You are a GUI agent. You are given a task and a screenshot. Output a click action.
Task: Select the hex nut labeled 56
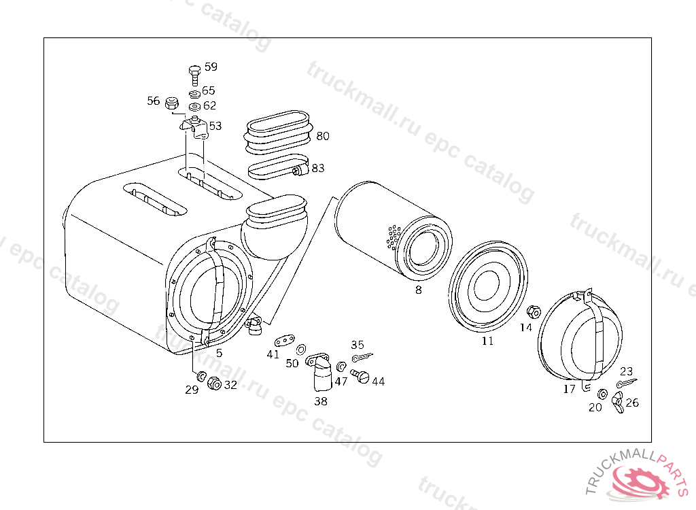point(172,103)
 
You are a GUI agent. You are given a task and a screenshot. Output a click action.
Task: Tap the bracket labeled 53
point(194,128)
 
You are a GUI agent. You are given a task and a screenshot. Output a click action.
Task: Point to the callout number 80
point(322,136)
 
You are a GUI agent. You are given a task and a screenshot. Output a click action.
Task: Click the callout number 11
point(487,341)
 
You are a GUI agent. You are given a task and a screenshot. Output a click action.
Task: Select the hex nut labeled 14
point(534,312)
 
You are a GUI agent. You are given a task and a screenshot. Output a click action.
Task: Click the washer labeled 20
point(602,394)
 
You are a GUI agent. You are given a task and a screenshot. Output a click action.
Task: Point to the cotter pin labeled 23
point(625,385)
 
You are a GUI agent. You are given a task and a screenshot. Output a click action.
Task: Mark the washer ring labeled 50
point(302,348)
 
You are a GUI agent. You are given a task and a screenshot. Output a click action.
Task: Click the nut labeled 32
point(213,384)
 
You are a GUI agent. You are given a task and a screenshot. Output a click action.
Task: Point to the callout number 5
point(219,353)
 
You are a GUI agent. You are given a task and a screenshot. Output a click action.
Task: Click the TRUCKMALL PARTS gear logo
point(638,479)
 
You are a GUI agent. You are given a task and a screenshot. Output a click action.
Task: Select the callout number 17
point(569,388)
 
